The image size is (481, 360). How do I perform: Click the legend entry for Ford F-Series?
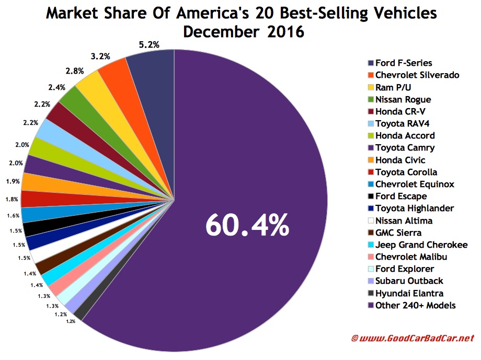[400, 63]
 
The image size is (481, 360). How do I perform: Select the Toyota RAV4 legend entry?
[406, 123]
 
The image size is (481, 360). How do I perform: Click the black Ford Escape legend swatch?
[370, 196]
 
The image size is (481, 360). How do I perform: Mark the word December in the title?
[223, 32]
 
